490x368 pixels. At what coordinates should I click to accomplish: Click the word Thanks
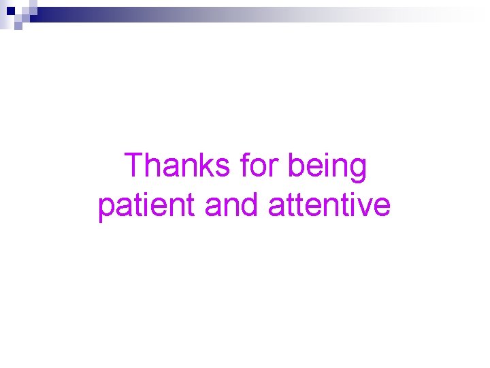178,166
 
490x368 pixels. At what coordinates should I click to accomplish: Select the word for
262,166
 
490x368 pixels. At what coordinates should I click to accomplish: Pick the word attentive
329,206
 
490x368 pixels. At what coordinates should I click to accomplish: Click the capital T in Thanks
134,166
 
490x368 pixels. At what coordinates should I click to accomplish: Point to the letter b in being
297,166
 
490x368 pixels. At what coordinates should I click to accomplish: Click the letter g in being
357,170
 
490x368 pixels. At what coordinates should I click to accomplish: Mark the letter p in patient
107,209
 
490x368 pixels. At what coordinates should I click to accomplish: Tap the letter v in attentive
367,207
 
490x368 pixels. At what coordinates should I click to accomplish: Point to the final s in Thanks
224,169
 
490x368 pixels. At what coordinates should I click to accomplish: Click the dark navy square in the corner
10,10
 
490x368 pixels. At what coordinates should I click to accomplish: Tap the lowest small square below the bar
18,26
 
